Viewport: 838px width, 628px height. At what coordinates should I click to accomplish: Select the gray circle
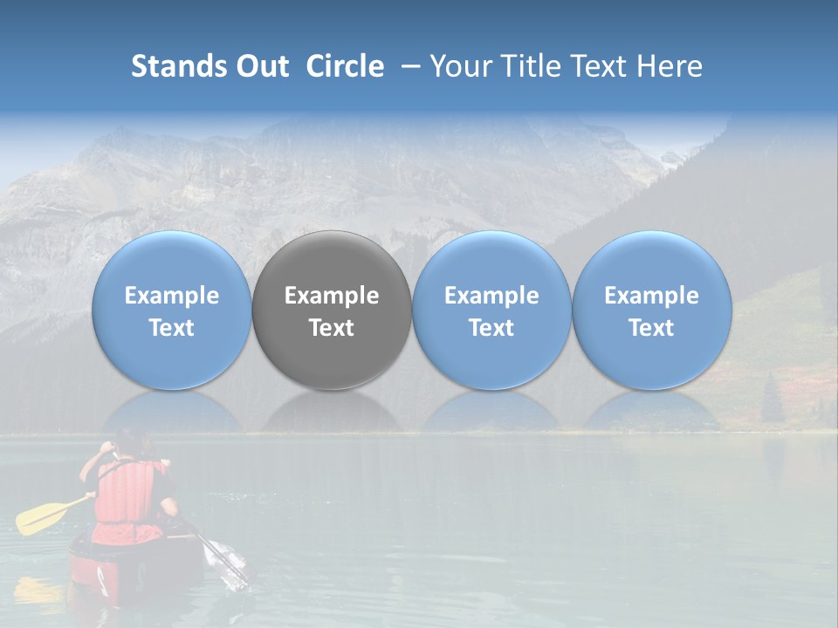(x=332, y=311)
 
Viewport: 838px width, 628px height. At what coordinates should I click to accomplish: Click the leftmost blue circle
(x=172, y=311)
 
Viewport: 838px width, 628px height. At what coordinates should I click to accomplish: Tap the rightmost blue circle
(x=652, y=311)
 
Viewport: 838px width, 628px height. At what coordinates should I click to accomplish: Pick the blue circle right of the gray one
(x=491, y=311)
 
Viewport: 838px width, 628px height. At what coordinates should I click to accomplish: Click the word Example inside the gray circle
(x=332, y=296)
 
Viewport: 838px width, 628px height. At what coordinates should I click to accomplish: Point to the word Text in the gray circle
(x=332, y=328)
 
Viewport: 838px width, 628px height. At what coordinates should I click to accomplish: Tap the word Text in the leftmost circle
(x=172, y=328)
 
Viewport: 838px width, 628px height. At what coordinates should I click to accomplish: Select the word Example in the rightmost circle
(x=652, y=296)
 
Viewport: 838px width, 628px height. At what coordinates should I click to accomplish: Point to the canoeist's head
(x=130, y=442)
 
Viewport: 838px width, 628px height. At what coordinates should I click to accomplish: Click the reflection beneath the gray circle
(x=332, y=410)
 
